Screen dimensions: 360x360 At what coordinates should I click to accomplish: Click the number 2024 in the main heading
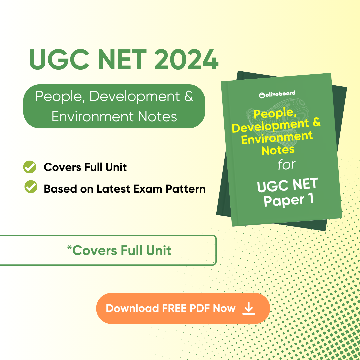(x=186, y=60)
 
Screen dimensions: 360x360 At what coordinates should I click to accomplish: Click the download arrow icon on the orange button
(x=249, y=308)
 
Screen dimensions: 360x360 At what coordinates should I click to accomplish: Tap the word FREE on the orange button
(x=174, y=308)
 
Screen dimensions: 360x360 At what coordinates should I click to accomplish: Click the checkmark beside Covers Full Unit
(x=30, y=167)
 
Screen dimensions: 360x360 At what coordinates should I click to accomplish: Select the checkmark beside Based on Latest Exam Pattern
(x=31, y=187)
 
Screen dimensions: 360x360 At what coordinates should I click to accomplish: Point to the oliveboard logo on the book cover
(x=277, y=94)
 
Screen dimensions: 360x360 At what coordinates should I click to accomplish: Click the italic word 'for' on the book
(x=286, y=165)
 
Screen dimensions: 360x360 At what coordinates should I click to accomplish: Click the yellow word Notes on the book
(x=278, y=150)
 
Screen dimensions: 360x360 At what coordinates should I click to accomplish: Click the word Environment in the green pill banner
(x=92, y=117)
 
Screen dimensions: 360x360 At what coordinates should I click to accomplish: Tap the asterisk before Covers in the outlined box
(x=69, y=247)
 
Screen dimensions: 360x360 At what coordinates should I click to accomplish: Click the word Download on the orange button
(x=132, y=308)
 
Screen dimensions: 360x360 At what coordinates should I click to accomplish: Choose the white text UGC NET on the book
(x=287, y=185)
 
